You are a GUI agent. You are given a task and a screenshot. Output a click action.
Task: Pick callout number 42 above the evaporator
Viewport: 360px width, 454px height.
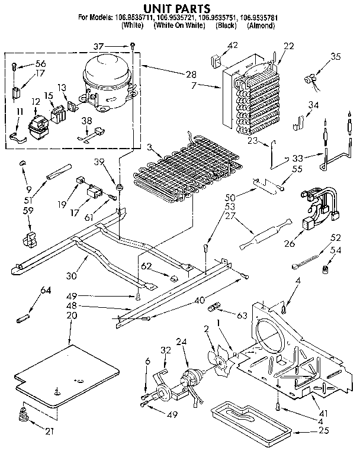[x=232, y=45]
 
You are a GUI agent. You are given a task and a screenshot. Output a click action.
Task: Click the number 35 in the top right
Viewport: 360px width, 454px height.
[x=336, y=57]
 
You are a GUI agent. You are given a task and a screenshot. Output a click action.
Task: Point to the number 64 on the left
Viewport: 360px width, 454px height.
[x=45, y=289]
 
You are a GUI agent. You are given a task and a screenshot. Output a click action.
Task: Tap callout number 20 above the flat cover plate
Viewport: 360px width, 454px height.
[x=72, y=315]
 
